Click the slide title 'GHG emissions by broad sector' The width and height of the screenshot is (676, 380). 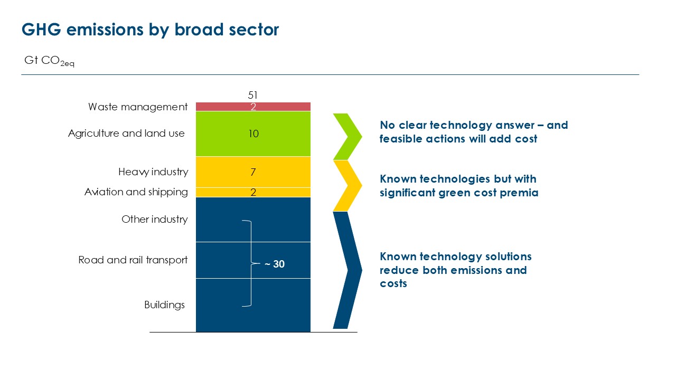coord(150,30)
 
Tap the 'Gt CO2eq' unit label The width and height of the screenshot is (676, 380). coord(49,61)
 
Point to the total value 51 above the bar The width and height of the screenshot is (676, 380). coord(252,96)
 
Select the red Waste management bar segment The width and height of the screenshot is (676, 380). coord(253,107)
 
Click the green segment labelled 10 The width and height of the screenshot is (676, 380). coord(253,134)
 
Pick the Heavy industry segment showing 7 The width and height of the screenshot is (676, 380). coord(253,172)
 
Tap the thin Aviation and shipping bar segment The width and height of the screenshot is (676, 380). coord(253,192)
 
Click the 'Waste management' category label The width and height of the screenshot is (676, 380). coord(138,107)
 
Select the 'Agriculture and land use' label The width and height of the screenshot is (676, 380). coord(126,134)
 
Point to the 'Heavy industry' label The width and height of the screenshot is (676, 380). coord(153,172)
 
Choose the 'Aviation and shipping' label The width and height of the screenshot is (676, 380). coord(136,192)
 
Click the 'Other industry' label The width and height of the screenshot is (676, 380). coord(155,219)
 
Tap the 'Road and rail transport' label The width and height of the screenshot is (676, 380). coord(133,260)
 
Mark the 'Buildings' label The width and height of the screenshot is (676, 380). coord(164,305)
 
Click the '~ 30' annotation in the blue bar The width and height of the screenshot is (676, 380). coord(274,264)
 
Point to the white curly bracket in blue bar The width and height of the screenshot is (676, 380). coord(251,263)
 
